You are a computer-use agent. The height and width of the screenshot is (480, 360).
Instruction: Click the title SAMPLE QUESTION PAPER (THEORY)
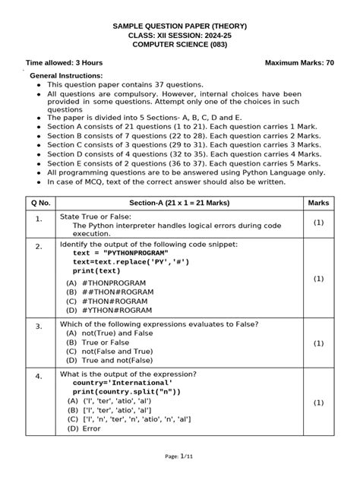[x=180, y=27]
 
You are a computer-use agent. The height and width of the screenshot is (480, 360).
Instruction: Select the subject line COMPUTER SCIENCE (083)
[x=180, y=45]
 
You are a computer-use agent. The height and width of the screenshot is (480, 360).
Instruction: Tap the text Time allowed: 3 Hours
[x=65, y=62]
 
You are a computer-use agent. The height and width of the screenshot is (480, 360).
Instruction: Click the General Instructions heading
[x=65, y=77]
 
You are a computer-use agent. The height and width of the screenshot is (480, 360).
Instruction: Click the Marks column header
[x=318, y=203]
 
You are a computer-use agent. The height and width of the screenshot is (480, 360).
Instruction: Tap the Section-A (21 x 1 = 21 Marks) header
[x=179, y=203]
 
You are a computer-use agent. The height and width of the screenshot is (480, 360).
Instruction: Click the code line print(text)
[x=96, y=270]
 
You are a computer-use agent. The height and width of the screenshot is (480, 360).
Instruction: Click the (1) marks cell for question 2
[x=318, y=279]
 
